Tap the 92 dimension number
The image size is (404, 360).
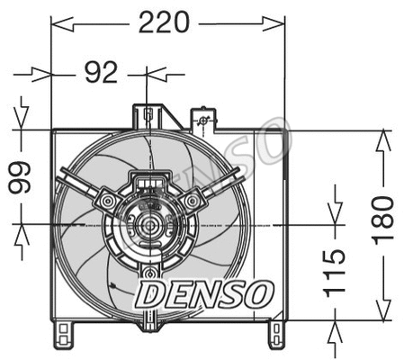(x=101, y=73)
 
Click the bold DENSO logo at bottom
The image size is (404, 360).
(x=203, y=292)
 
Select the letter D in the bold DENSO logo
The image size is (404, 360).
(x=149, y=292)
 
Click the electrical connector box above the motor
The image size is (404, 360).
(x=146, y=184)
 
